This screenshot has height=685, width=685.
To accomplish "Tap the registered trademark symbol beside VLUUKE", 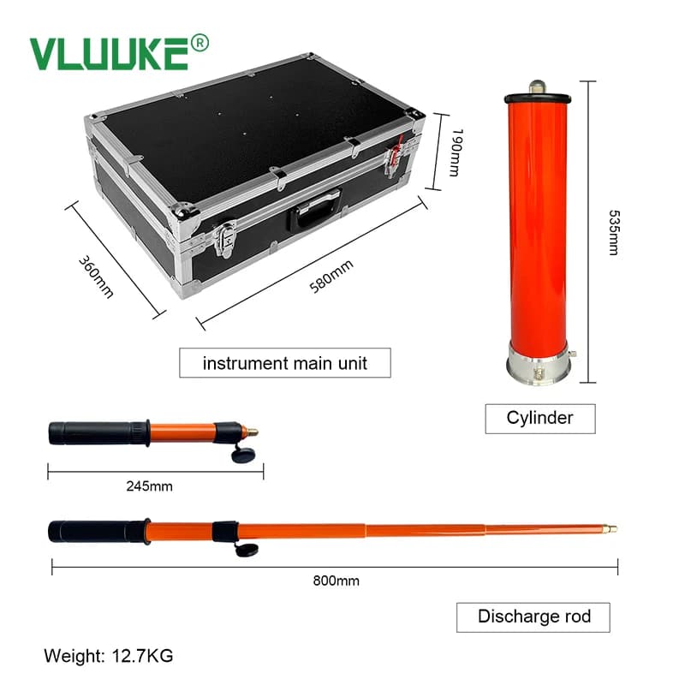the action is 200,44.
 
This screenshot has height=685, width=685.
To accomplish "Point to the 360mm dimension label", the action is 96,277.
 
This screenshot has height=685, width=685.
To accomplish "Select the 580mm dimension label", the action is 331,277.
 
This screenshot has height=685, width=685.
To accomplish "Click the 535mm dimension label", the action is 614,232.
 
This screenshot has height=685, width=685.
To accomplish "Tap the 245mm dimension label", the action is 149,486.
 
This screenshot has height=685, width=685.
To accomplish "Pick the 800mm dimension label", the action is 336,581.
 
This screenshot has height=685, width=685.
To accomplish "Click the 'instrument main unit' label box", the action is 285,362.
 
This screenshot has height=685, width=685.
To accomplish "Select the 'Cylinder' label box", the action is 540,419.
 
